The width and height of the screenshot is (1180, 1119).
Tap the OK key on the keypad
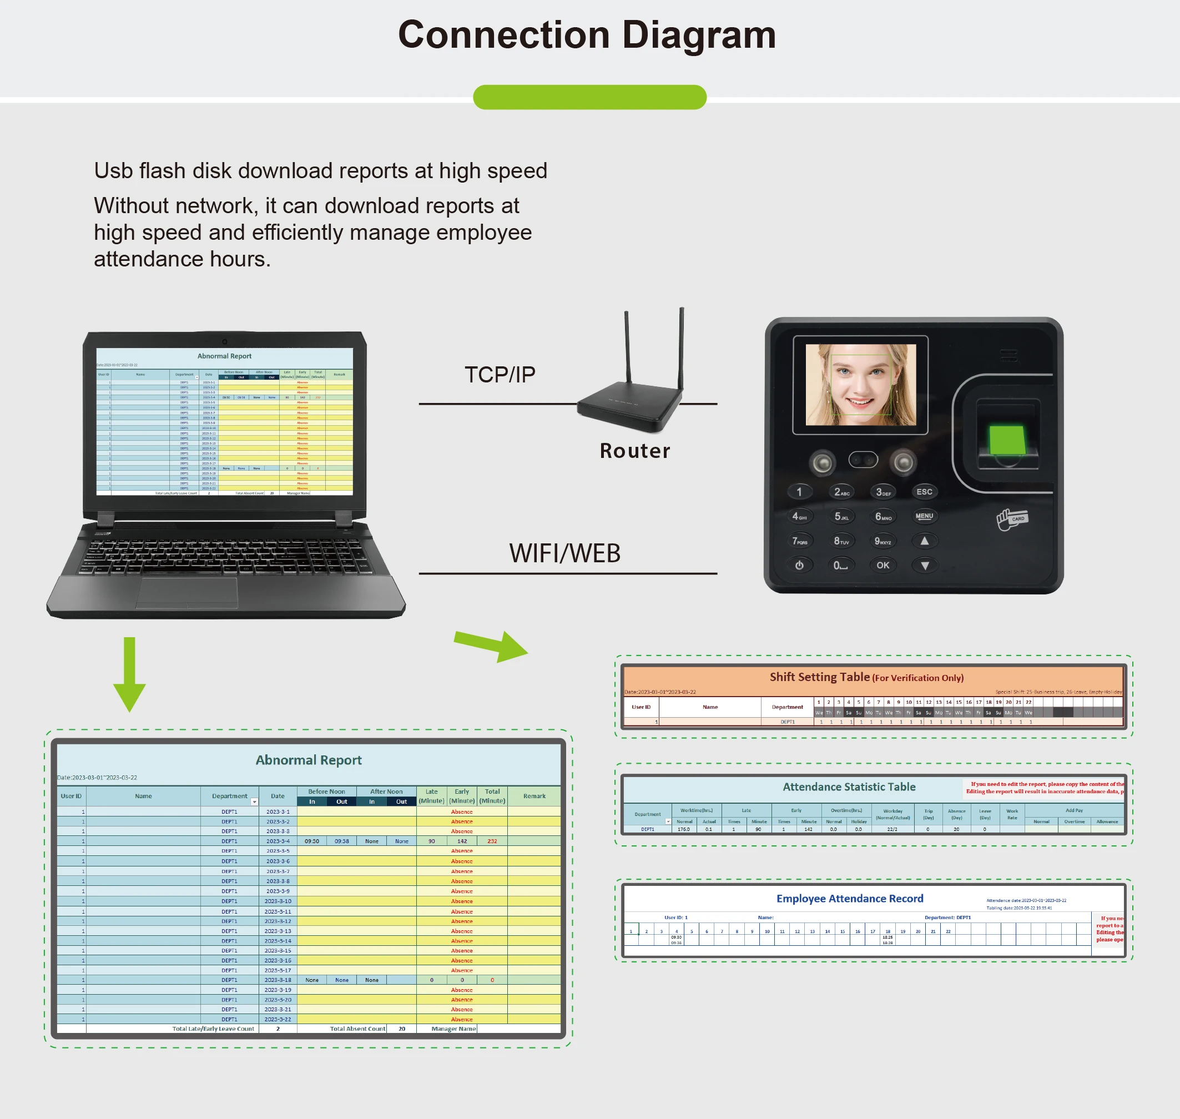pos(883,565)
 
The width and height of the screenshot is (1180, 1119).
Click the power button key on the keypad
pos(799,565)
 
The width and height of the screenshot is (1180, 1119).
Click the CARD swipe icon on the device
pos(1012,518)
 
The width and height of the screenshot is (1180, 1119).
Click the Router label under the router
pos(635,451)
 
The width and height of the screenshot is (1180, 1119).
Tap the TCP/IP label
pos(500,375)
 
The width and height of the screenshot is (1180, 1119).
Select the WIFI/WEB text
pos(564,553)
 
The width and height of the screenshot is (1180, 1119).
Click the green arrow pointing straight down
pos(129,674)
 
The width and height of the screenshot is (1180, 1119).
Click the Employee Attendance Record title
pos(850,898)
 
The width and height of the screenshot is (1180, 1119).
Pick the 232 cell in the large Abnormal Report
pos(492,841)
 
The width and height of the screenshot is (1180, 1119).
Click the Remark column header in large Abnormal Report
pos(534,796)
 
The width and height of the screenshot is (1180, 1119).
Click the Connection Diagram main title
pos(587,34)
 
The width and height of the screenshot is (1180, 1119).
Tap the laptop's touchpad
pos(186,592)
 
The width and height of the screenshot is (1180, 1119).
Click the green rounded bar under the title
pos(589,97)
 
